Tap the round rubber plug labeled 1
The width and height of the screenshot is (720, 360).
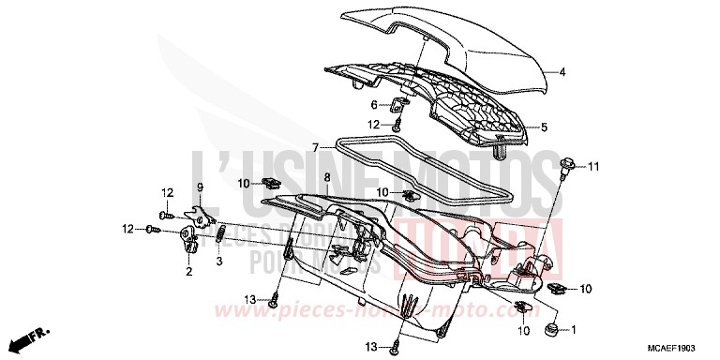click(551, 329)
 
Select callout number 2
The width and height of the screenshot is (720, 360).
click(188, 272)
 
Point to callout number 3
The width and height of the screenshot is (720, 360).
click(218, 262)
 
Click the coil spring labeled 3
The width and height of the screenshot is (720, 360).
click(220, 233)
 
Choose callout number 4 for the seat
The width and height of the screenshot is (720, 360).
click(562, 71)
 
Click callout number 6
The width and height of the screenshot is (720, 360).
click(373, 105)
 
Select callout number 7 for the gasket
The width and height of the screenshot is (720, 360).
click(317, 147)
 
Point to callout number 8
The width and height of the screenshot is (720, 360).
click(325, 176)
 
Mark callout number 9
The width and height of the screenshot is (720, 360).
click(199, 186)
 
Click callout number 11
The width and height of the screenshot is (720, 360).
click(592, 166)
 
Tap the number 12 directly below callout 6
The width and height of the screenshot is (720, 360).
click(373, 124)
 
